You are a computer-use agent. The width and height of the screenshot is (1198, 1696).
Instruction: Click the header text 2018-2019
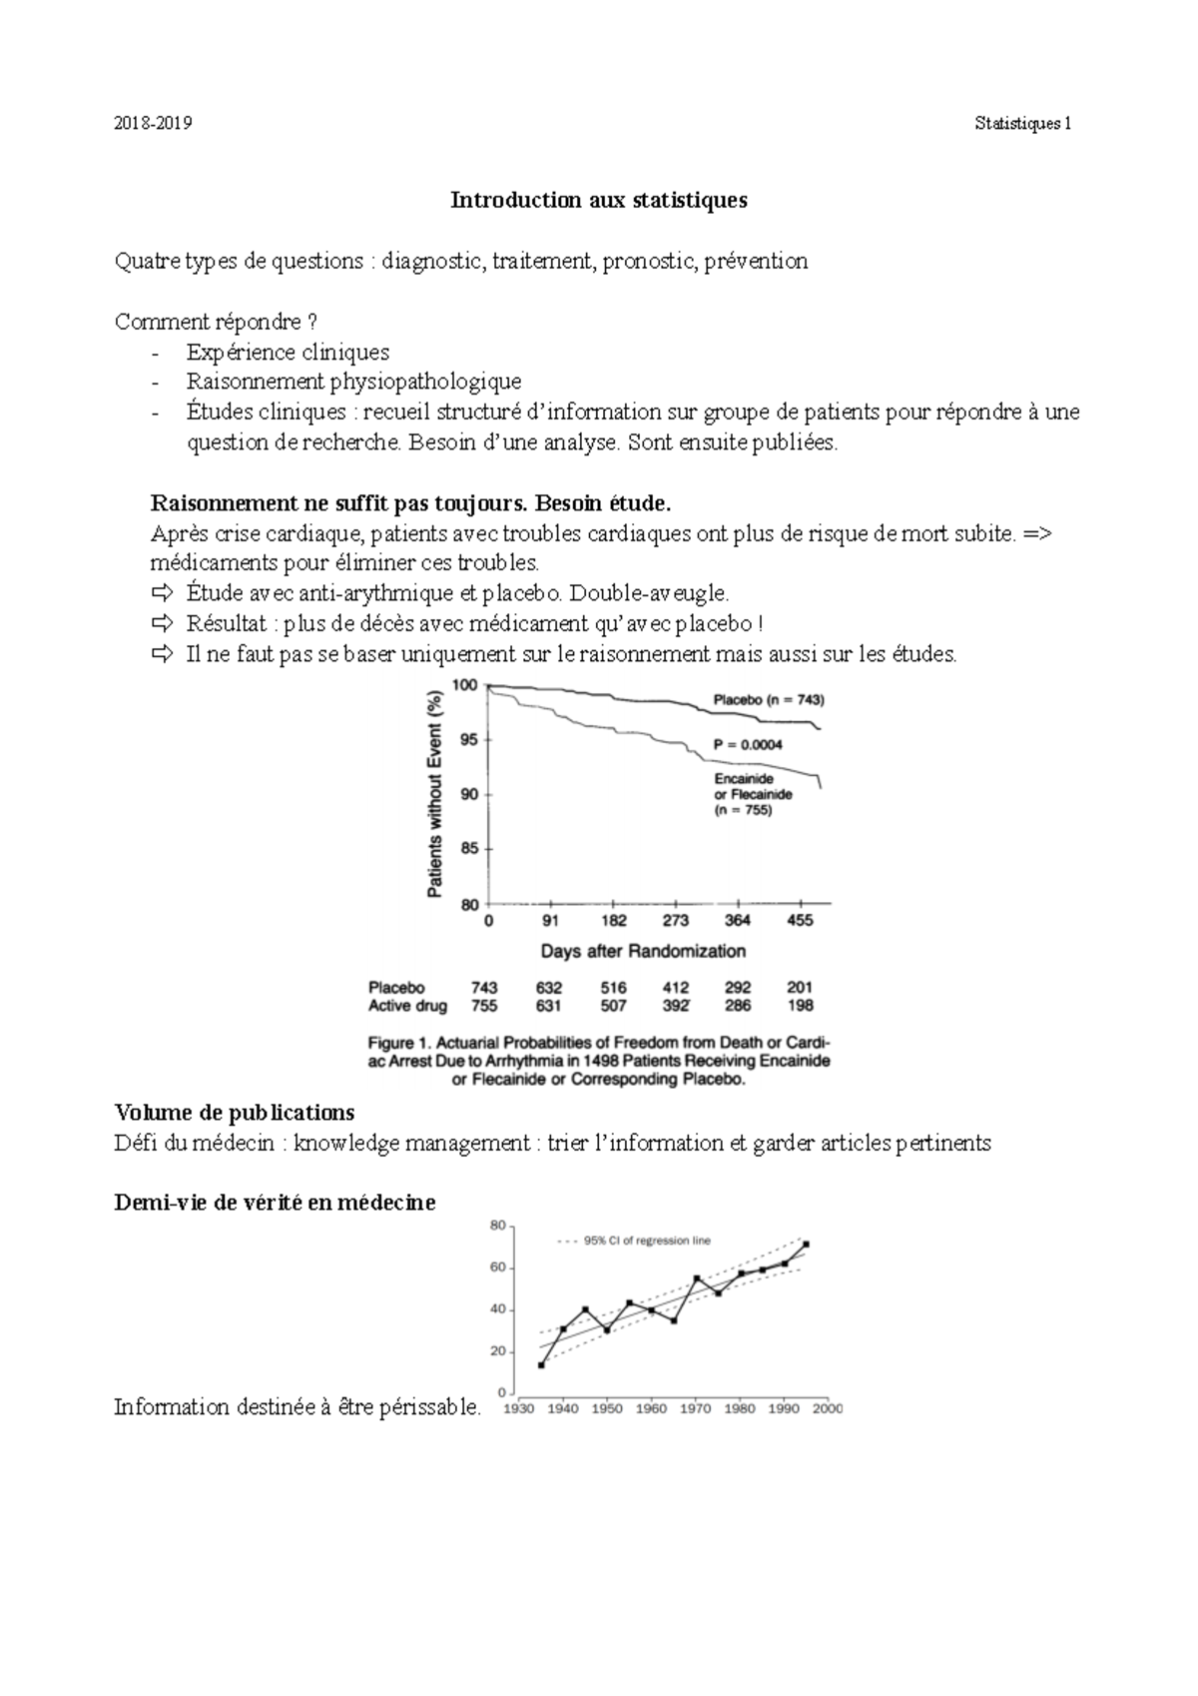154,124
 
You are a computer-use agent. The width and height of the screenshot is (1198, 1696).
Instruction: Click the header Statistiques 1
1025,124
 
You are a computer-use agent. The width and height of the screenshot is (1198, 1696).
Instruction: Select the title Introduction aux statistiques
598,200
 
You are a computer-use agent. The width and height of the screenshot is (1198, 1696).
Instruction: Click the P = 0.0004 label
748,744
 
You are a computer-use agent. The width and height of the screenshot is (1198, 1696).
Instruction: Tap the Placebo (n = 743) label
769,700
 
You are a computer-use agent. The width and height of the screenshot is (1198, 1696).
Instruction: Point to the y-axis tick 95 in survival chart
466,740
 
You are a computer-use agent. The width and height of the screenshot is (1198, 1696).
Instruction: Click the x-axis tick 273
676,921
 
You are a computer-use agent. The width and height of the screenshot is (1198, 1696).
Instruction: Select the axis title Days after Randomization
643,951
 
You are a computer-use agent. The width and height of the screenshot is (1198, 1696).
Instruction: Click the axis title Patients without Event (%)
435,794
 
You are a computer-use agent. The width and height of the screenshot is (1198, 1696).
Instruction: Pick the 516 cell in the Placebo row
613,988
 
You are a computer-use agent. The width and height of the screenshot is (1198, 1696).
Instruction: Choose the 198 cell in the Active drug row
800,1006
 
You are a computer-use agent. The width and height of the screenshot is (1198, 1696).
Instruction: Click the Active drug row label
407,1006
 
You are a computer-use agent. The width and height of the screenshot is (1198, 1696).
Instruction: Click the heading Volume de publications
235,1113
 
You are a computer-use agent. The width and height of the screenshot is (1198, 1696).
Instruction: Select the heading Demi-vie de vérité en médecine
275,1203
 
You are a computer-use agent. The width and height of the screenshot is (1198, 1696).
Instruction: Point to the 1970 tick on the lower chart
696,1409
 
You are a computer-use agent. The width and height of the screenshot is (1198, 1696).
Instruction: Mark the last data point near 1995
806,1245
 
